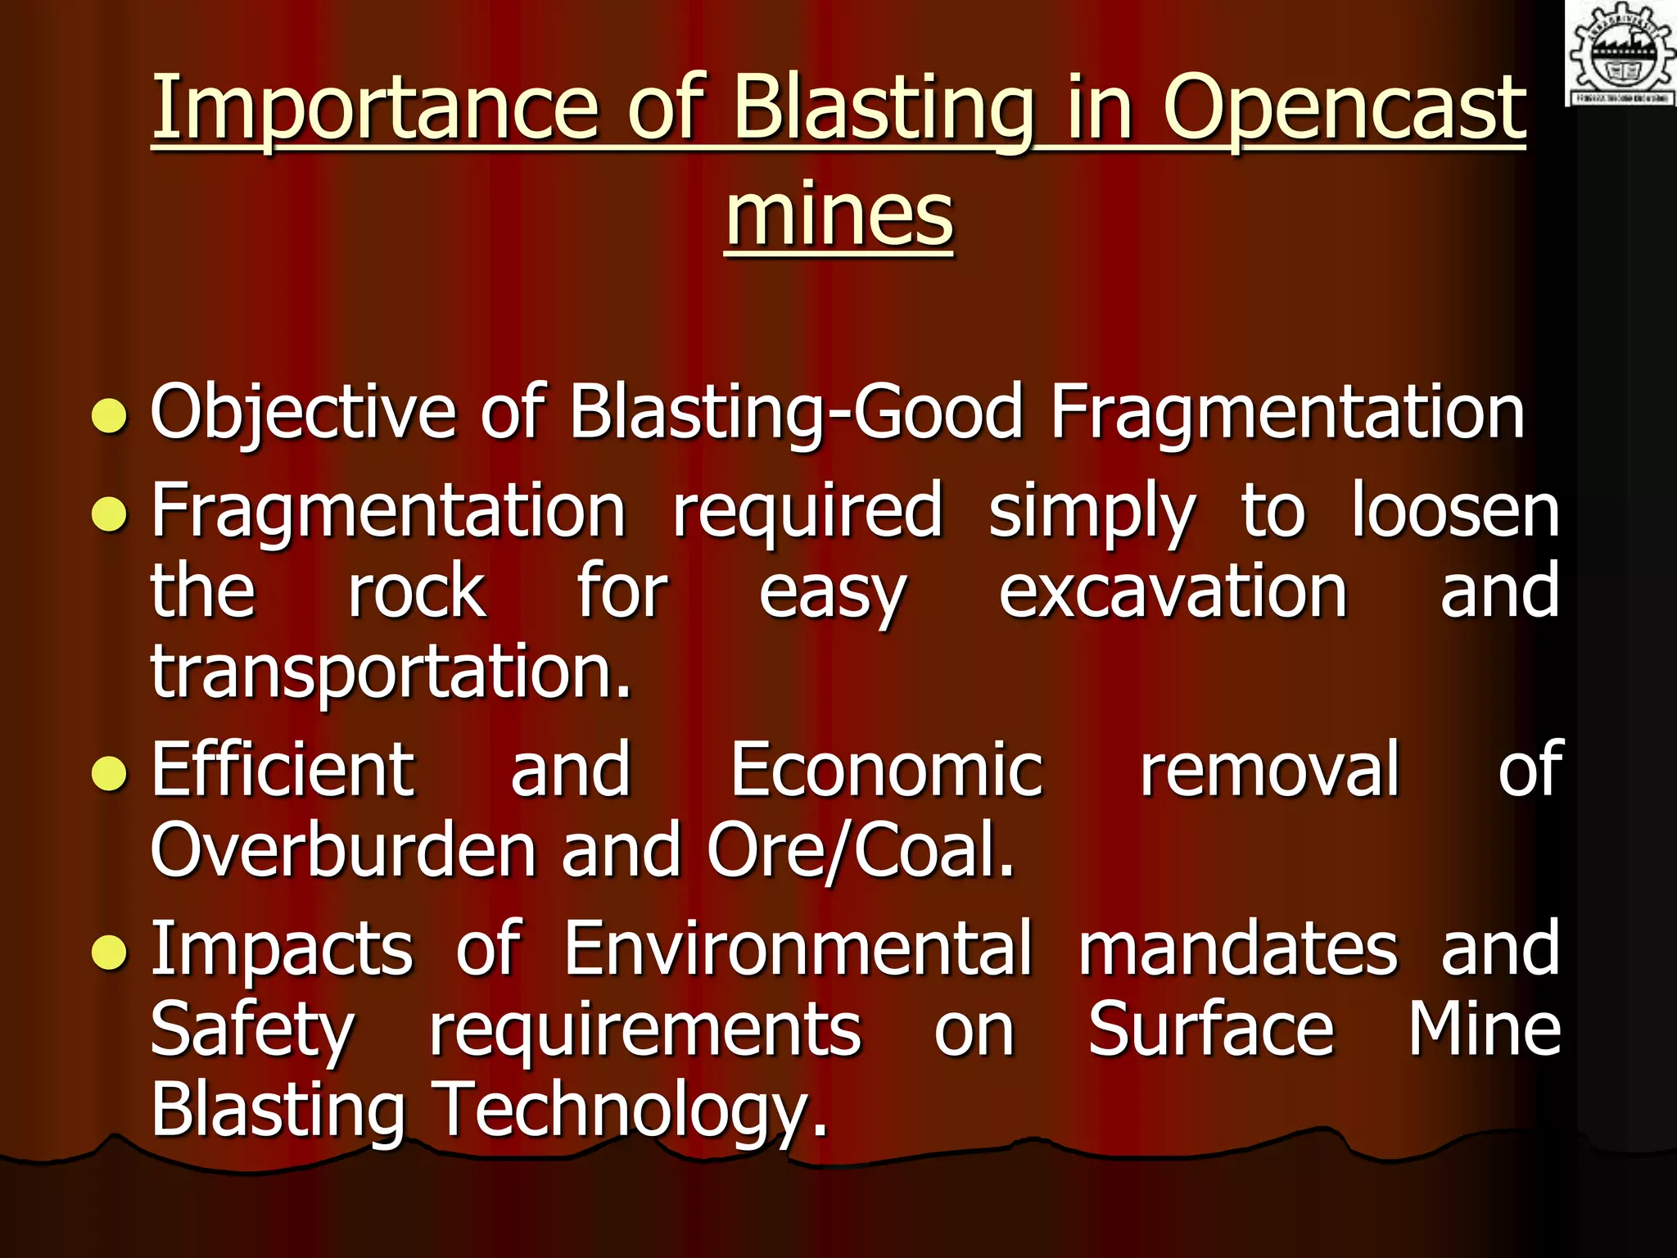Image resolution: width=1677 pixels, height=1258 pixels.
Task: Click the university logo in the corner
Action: click(x=1620, y=53)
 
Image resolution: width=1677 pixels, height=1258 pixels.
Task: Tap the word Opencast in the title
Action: click(x=1344, y=109)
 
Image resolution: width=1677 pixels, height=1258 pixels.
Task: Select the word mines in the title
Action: click(x=839, y=215)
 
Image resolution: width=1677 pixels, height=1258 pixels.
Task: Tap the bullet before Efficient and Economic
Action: click(x=110, y=774)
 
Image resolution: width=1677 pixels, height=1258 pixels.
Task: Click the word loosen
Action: click(x=1455, y=511)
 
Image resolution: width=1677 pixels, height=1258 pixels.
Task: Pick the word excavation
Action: click(x=1173, y=591)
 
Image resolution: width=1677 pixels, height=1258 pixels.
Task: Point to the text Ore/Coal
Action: click(x=860, y=850)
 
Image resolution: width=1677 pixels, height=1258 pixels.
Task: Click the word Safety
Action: click(x=252, y=1030)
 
